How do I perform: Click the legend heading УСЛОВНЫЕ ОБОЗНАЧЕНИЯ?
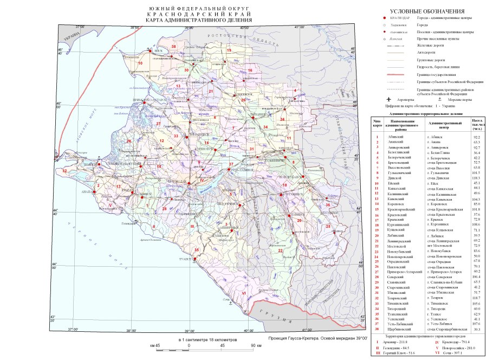[428, 11]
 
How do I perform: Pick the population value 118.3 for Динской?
[477, 177]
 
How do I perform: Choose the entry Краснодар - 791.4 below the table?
[452, 343]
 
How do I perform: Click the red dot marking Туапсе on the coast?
[193, 259]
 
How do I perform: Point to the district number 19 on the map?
[229, 50]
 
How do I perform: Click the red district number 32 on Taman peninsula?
[64, 171]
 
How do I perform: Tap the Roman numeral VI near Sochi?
[244, 293]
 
